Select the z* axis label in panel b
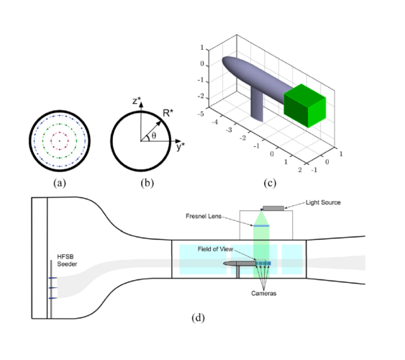click(x=135, y=100)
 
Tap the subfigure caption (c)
click(x=270, y=182)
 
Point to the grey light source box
click(x=273, y=208)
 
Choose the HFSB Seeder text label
click(x=67, y=262)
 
